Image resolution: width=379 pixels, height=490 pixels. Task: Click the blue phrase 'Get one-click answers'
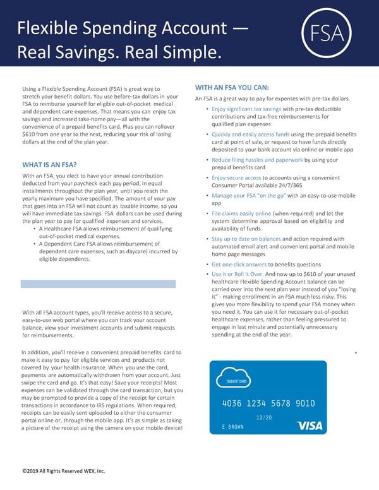[x=239, y=264]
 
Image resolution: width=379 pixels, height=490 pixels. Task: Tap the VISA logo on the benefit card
[x=310, y=426]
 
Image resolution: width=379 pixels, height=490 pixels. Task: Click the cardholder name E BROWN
[x=233, y=427]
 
